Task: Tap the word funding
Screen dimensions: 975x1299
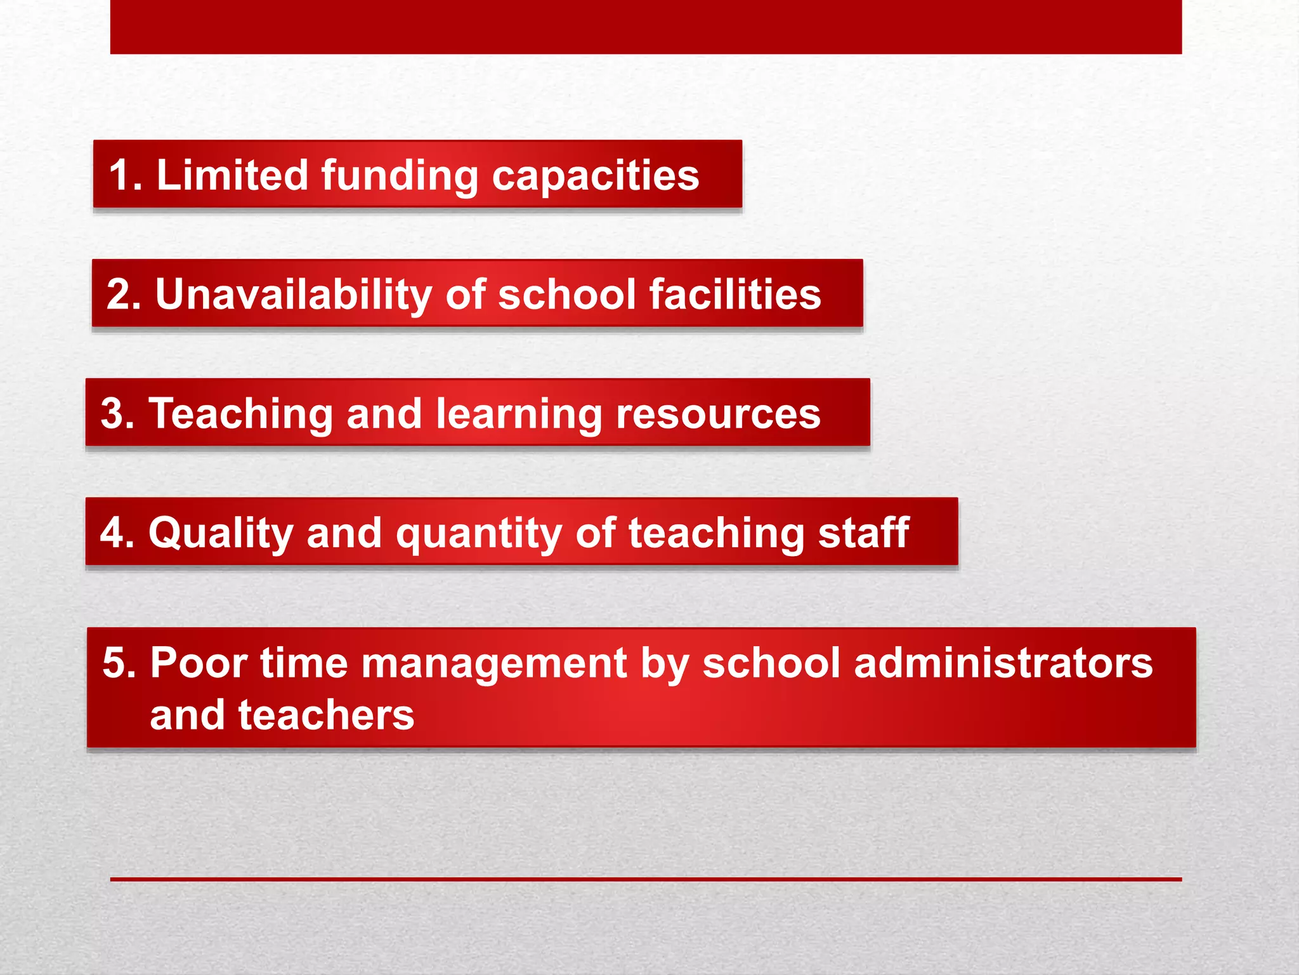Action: pos(400,176)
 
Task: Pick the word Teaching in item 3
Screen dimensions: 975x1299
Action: pos(240,414)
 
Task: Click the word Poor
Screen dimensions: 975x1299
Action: pos(199,663)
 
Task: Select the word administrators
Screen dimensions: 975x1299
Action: pos(1003,663)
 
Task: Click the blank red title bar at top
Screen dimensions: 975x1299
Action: pos(646,27)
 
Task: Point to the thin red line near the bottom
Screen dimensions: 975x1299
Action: pos(646,879)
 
